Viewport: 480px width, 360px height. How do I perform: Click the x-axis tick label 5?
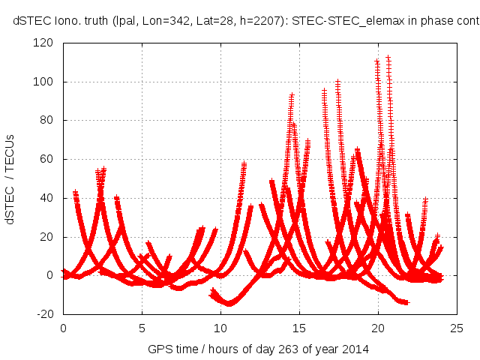(x=142, y=328)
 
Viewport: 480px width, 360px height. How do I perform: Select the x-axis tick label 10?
(x=220, y=328)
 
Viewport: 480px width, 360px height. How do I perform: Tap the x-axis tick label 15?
(x=299, y=328)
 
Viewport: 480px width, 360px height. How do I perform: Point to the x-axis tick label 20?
(x=378, y=328)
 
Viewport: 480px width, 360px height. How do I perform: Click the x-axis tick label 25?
(x=457, y=328)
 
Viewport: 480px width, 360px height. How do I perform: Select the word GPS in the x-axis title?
(x=158, y=349)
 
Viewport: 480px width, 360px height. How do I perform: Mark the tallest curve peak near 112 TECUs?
(x=388, y=57)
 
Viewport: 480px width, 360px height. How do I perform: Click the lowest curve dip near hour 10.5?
(x=229, y=304)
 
